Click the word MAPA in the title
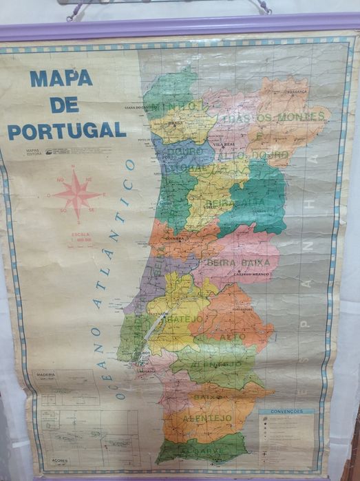click(x=61, y=78)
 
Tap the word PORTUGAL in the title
click(x=66, y=130)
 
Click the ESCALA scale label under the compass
click(x=80, y=235)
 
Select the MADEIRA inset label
click(x=45, y=375)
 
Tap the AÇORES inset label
click(x=61, y=460)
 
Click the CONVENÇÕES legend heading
click(x=286, y=411)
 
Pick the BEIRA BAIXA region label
click(x=237, y=262)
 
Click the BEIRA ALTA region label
click(x=233, y=203)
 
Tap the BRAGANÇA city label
click(x=278, y=90)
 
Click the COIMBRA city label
click(x=173, y=239)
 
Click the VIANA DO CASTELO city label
click(x=140, y=107)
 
